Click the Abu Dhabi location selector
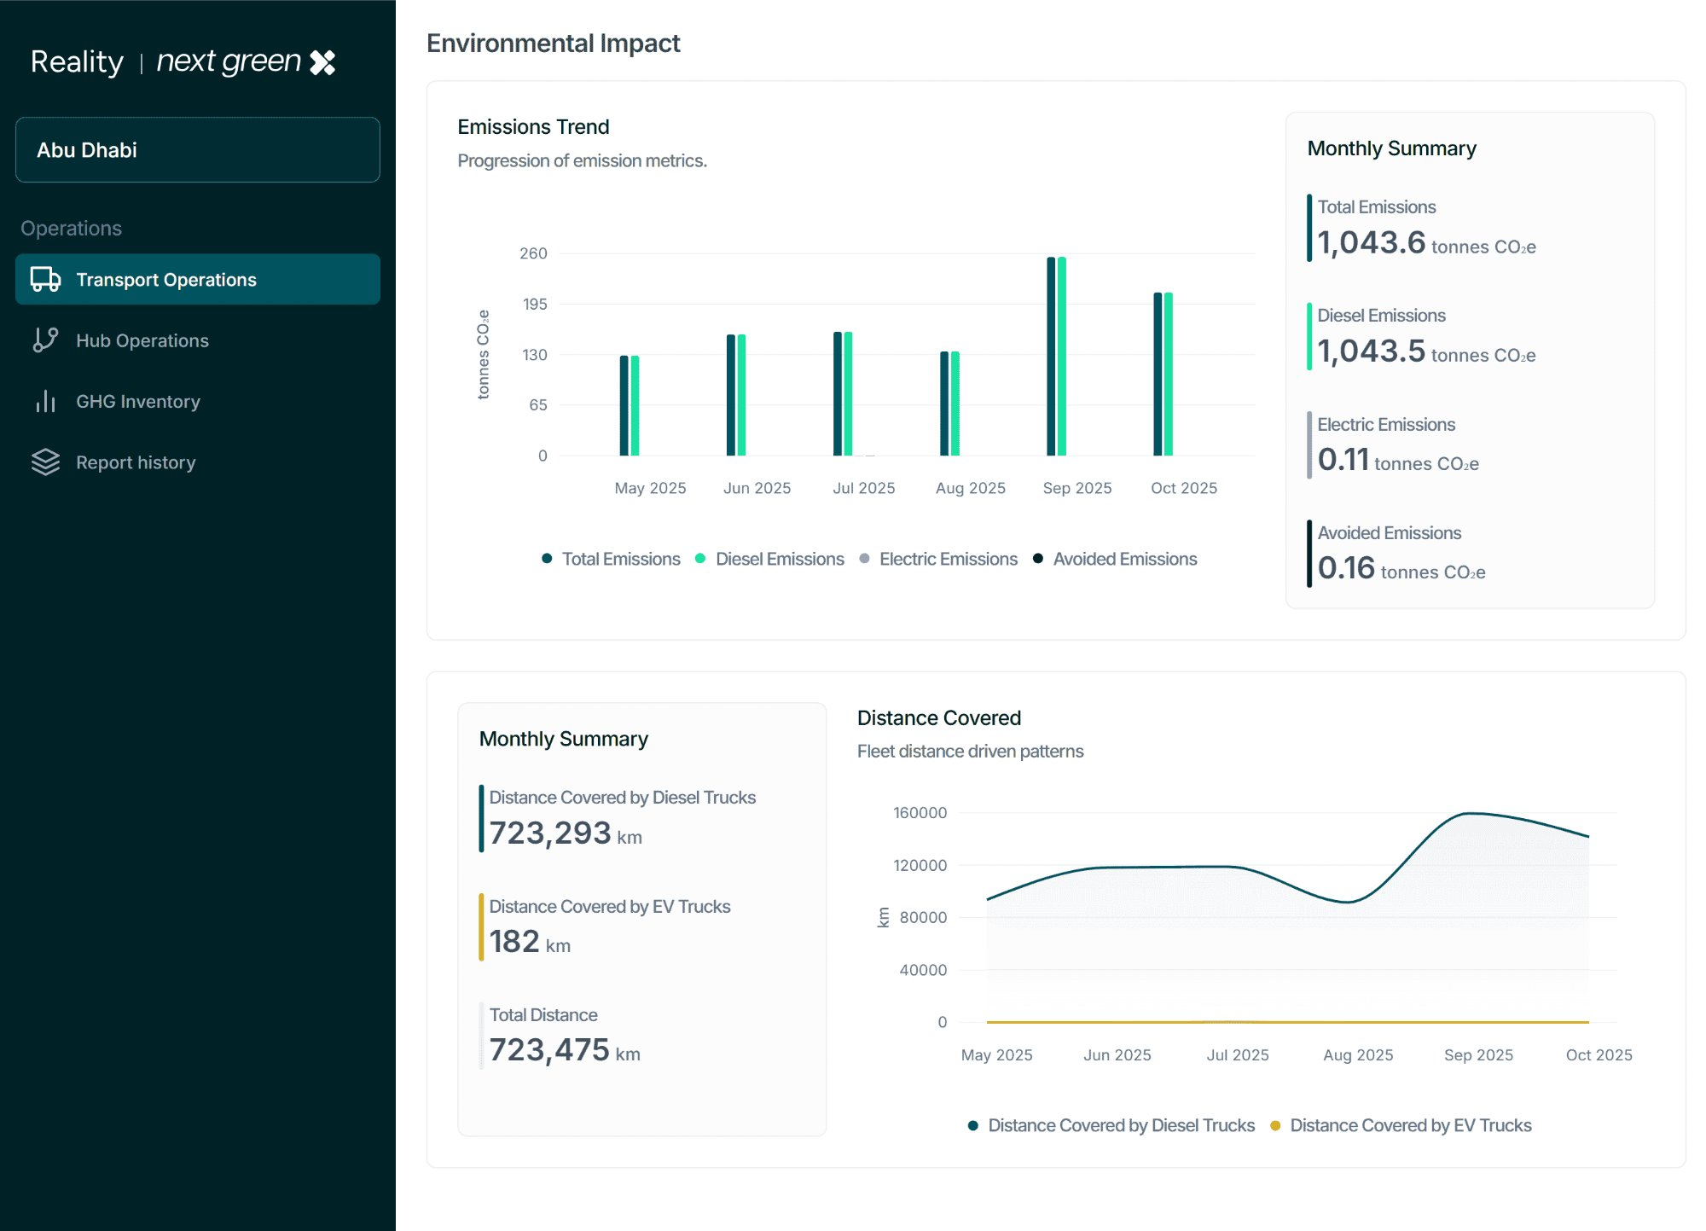click(197, 150)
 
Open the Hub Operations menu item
click(142, 340)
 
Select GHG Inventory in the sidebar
click(137, 402)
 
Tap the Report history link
click(135, 462)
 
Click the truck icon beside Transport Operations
click(45, 280)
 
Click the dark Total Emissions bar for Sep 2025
click(1051, 357)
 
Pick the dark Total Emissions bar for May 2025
click(624, 405)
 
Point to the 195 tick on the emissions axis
click(534, 305)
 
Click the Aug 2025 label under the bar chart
click(970, 488)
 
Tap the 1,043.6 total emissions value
click(1371, 243)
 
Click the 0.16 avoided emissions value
click(1346, 568)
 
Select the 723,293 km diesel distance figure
click(550, 833)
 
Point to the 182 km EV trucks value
click(514, 942)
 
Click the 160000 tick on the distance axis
click(920, 813)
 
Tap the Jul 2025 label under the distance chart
click(1237, 1055)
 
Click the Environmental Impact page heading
click(553, 44)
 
